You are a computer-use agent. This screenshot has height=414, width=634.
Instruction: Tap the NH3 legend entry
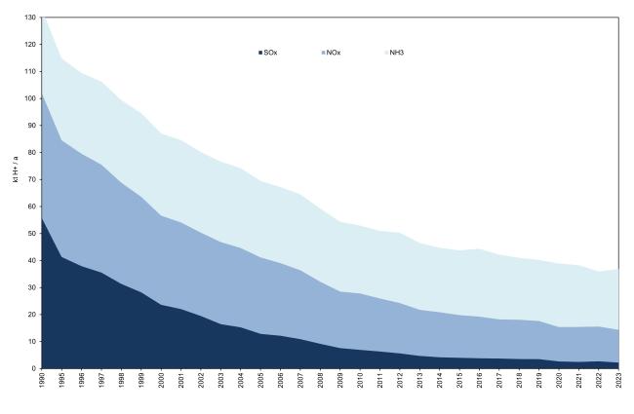pyautogui.click(x=396, y=53)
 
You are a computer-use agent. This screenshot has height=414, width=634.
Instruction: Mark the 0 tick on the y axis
pyautogui.click(x=35, y=369)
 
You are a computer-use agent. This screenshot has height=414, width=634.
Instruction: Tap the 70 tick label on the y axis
pyautogui.click(x=33, y=179)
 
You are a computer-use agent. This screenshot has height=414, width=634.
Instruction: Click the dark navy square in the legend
pyautogui.click(x=258, y=53)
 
